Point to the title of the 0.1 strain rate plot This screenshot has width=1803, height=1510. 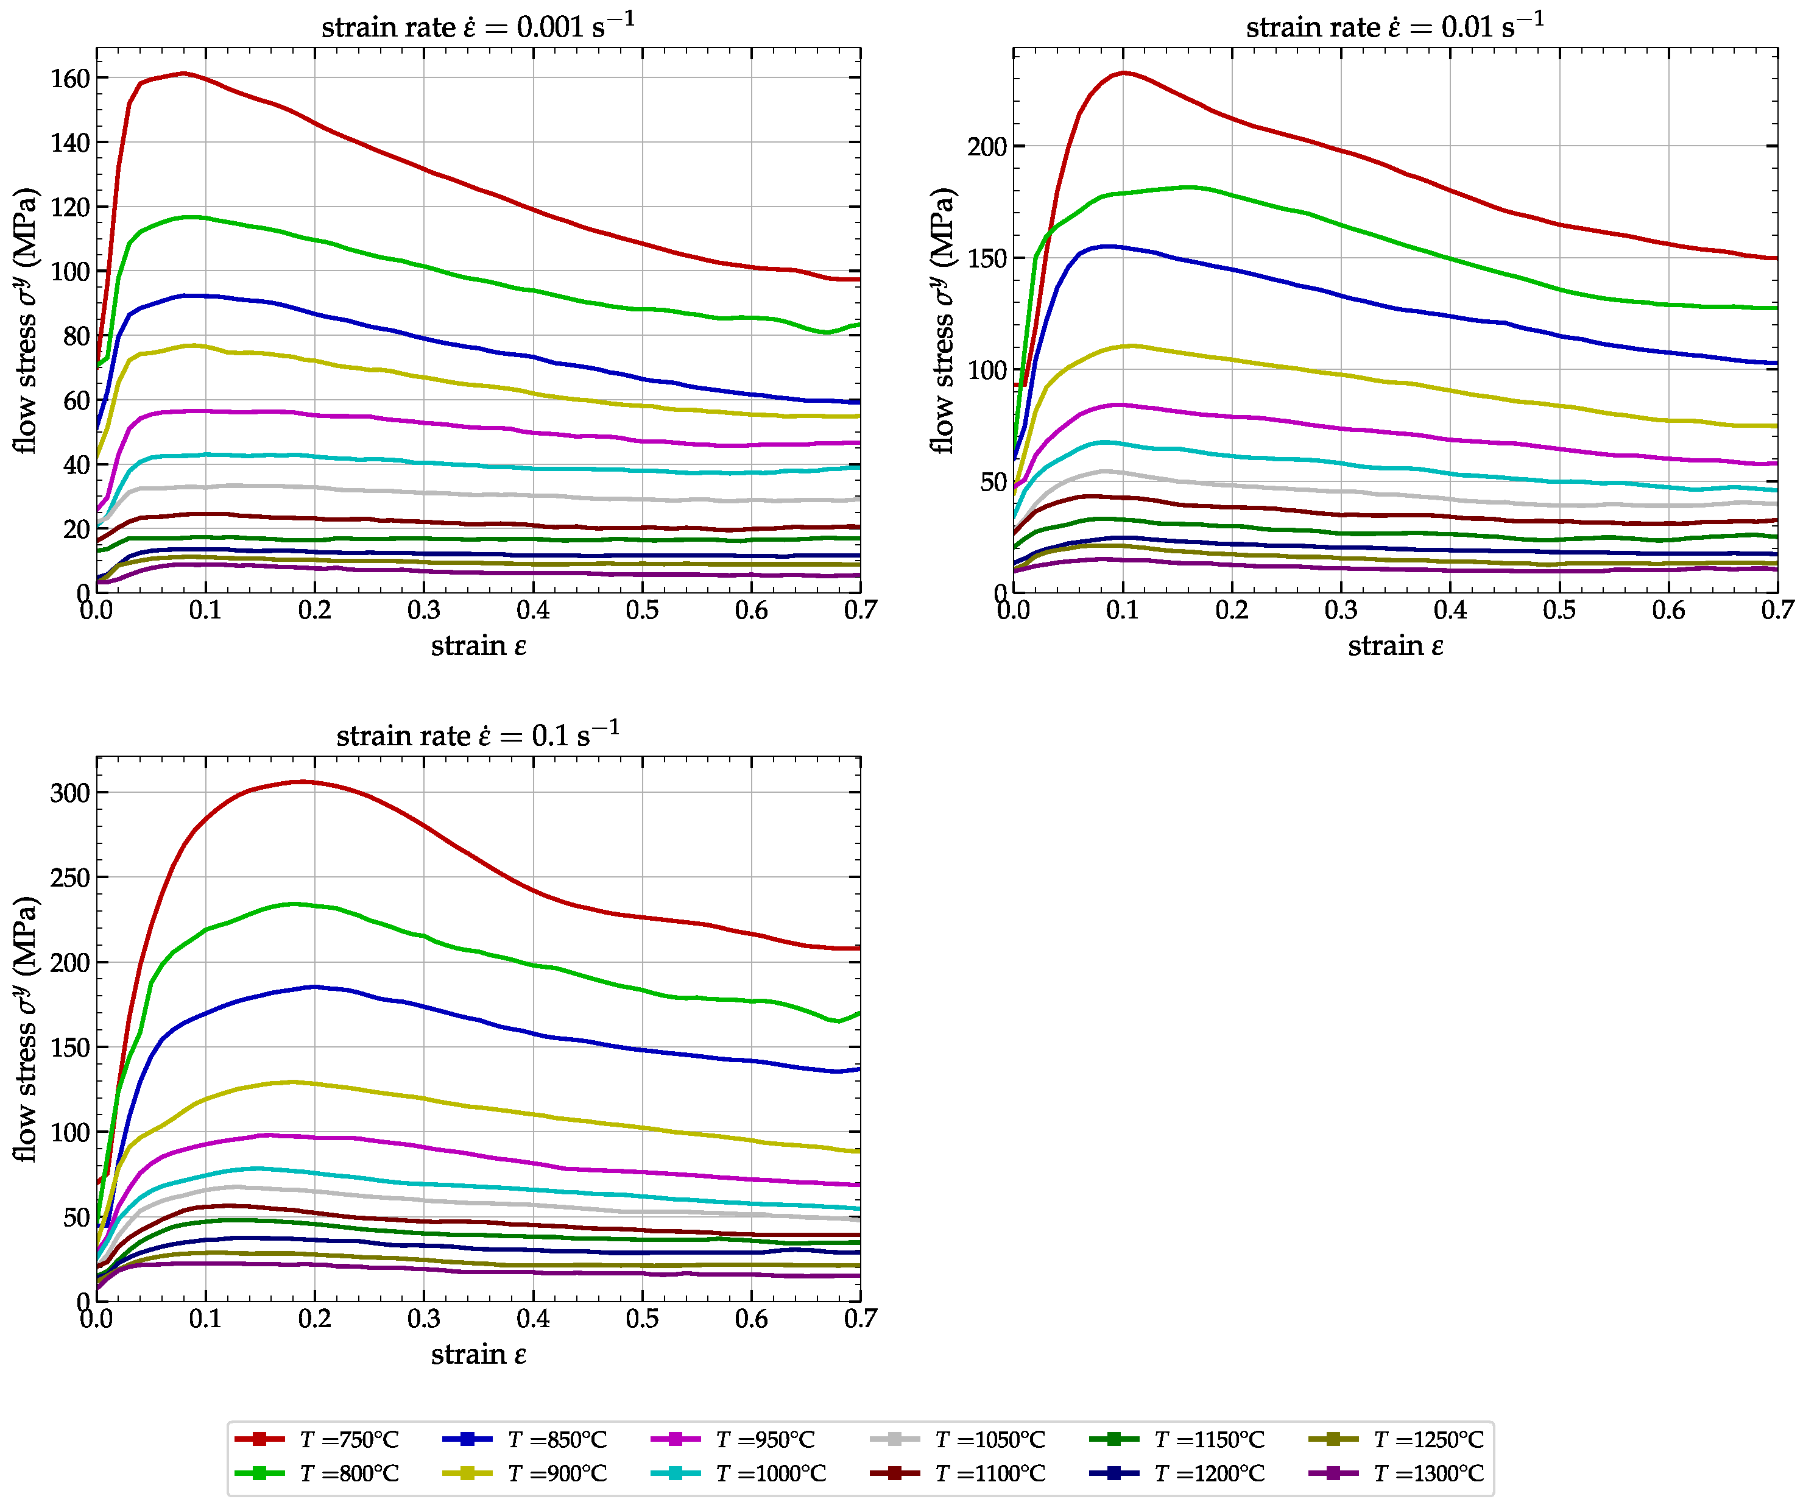click(478, 734)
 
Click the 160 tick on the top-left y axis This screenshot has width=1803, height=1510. click(71, 78)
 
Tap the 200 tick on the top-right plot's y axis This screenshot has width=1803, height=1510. click(987, 147)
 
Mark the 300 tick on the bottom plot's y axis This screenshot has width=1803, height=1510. click(71, 793)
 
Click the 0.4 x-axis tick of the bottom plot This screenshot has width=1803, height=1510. click(533, 1319)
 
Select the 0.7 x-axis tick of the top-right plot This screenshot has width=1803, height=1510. click(1777, 610)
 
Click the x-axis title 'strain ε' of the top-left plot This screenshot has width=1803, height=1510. click(478, 646)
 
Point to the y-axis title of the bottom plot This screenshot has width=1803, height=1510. click(26, 1029)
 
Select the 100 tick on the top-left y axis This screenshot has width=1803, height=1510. click(71, 271)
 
